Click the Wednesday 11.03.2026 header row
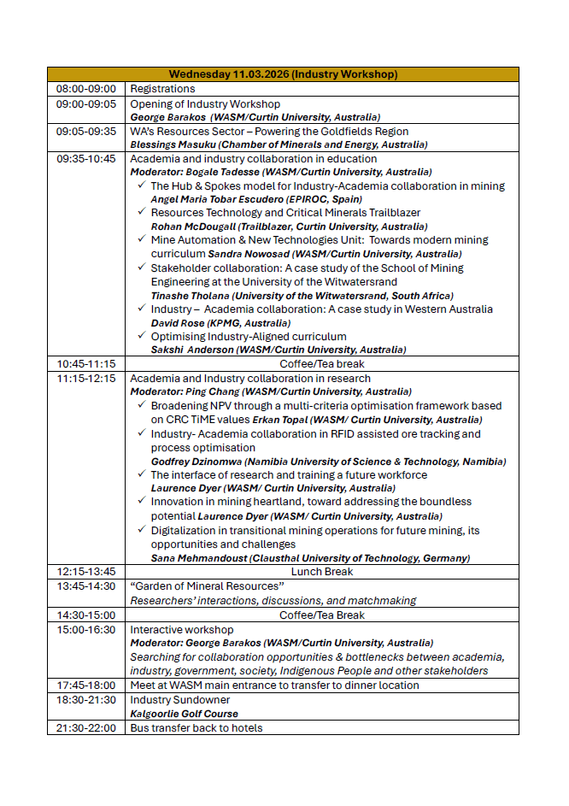[283, 74]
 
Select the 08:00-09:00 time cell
[85, 89]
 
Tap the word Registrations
[162, 89]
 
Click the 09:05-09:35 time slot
[85, 132]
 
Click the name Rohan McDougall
[193, 227]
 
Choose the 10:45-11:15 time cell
[85, 363]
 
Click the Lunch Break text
[322, 571]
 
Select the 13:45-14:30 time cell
[85, 586]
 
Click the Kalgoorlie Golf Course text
[184, 713]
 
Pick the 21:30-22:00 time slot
[85, 727]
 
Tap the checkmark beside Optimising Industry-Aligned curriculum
[141, 337]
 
